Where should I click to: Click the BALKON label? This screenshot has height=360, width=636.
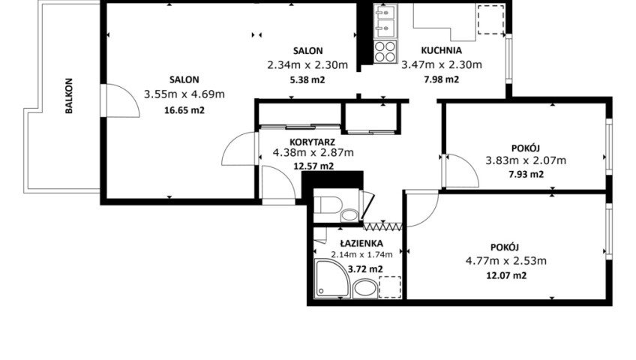(69, 96)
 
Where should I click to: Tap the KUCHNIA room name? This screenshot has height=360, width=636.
(441, 51)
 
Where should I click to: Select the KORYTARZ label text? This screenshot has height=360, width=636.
(312, 142)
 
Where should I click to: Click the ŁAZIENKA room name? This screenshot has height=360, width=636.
(361, 243)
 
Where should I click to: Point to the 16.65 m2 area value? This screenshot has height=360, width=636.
(184, 110)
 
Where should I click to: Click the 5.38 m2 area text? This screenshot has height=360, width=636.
(307, 79)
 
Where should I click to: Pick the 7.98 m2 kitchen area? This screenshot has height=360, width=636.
(441, 79)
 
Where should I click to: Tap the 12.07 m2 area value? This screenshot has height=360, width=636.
(506, 276)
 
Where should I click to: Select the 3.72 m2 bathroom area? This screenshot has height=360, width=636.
(365, 269)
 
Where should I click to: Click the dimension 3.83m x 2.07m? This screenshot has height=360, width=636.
(526, 160)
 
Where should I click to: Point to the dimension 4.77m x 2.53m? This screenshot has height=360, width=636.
(505, 261)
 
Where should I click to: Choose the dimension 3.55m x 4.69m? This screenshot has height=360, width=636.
(184, 94)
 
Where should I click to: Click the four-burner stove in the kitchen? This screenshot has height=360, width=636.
(385, 52)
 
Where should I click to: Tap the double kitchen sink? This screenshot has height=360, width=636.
(385, 21)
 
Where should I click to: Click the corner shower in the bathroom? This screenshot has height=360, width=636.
(332, 278)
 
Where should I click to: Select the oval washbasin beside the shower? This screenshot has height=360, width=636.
(365, 288)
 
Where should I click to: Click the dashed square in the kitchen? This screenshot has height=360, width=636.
(490, 19)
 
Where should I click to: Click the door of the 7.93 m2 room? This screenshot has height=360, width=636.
(462, 170)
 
